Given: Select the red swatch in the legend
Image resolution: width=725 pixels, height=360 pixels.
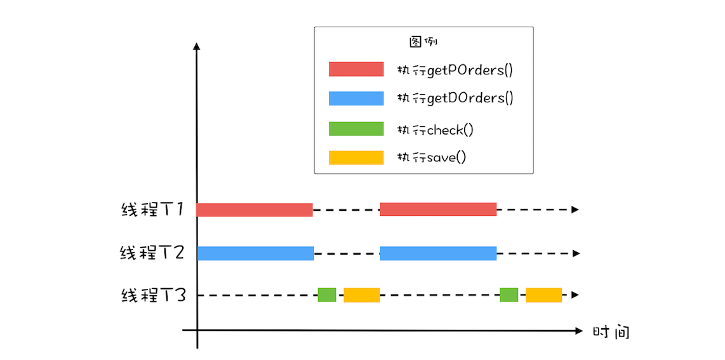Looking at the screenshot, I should click(356, 69).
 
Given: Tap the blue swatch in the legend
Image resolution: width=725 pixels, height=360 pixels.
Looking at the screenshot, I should click(356, 98).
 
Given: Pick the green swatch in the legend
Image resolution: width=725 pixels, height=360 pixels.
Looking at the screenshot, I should click(356, 129).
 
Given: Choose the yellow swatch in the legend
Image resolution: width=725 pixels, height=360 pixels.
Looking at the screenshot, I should click(356, 157).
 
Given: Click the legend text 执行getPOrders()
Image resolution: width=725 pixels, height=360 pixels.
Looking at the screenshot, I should click(455, 70).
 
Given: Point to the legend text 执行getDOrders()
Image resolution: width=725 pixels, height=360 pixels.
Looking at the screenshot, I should click(455, 98).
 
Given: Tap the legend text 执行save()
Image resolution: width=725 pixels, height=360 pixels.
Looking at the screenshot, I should click(432, 157).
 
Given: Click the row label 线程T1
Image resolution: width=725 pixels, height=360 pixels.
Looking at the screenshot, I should click(152, 210).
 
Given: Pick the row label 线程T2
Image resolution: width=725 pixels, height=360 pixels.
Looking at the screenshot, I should click(152, 253).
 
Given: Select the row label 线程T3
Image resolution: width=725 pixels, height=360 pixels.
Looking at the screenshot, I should click(153, 295).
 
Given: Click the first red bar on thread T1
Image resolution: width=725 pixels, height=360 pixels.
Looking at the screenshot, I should click(254, 210).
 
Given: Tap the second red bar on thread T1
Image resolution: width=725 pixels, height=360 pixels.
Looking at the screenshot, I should click(438, 210).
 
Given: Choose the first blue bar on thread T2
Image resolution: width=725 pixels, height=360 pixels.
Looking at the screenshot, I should click(255, 253).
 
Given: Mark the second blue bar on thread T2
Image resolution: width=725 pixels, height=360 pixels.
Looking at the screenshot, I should click(438, 253).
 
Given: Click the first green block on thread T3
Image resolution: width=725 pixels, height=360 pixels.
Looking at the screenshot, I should click(327, 295).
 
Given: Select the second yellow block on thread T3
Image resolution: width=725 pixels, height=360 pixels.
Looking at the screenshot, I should click(543, 295).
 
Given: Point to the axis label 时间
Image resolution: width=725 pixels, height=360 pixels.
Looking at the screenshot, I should click(611, 332).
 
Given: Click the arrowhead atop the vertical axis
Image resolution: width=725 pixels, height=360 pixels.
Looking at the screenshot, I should click(197, 46).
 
